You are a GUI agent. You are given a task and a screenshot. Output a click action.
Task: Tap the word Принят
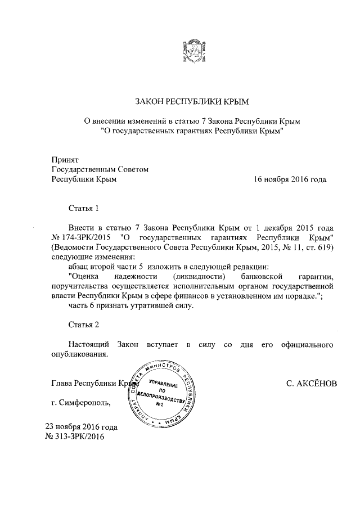coord(65,160)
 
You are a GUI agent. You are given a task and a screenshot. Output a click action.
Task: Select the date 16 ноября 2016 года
coord(290,179)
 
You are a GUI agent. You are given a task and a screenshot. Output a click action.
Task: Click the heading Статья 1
coord(83,208)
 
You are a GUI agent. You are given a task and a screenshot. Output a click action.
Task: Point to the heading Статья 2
coord(83,326)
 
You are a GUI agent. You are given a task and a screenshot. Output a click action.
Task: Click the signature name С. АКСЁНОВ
coord(312,384)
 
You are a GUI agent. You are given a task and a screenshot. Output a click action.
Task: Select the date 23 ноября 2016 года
coord(81,426)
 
